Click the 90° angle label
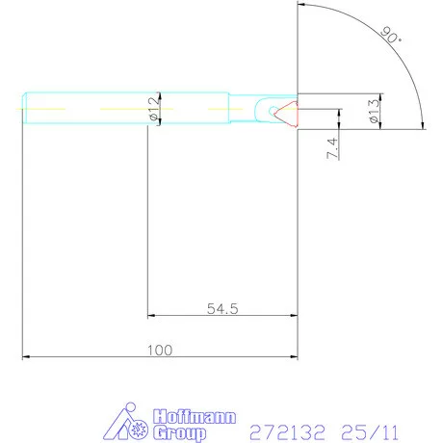click(391, 37)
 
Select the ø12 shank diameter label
click(154, 109)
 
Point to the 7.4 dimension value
click(332, 146)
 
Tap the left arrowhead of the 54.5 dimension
click(152, 314)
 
